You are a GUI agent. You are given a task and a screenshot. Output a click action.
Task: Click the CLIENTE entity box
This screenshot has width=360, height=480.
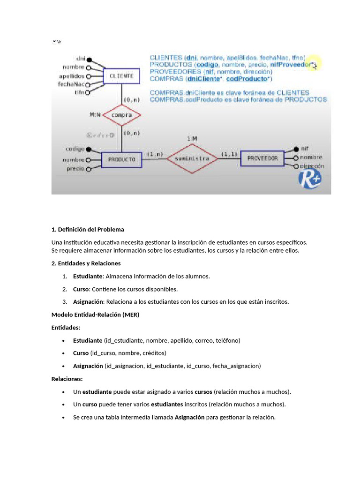click(x=121, y=76)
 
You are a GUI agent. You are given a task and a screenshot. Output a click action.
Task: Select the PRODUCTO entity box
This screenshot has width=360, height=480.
click(x=121, y=159)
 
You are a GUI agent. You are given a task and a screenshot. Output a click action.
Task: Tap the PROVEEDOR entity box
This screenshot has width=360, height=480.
click(x=262, y=158)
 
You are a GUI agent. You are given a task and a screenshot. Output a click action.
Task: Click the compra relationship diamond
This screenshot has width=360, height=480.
click(x=121, y=115)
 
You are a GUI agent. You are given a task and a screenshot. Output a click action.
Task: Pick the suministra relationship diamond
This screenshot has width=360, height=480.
click(x=192, y=158)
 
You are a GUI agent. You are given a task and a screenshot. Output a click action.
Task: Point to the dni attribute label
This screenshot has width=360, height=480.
click(x=81, y=60)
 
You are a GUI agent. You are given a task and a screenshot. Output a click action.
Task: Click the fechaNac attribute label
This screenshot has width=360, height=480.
click(x=71, y=84)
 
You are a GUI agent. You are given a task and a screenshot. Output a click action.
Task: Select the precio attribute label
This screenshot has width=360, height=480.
click(x=75, y=168)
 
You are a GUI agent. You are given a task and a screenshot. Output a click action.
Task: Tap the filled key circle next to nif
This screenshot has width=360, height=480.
click(x=296, y=149)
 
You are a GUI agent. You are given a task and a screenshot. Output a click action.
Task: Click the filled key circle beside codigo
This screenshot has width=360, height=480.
click(x=89, y=149)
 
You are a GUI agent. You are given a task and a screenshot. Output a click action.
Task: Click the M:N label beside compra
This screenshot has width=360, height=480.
click(x=95, y=114)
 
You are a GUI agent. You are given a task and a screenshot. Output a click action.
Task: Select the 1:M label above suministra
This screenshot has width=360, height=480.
click(x=192, y=139)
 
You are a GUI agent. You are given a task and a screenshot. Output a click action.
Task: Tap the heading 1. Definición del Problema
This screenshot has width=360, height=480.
click(x=88, y=229)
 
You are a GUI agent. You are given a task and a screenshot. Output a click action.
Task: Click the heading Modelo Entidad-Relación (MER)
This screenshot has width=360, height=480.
click(x=95, y=315)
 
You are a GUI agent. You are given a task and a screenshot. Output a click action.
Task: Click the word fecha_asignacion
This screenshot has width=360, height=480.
click(x=236, y=366)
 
